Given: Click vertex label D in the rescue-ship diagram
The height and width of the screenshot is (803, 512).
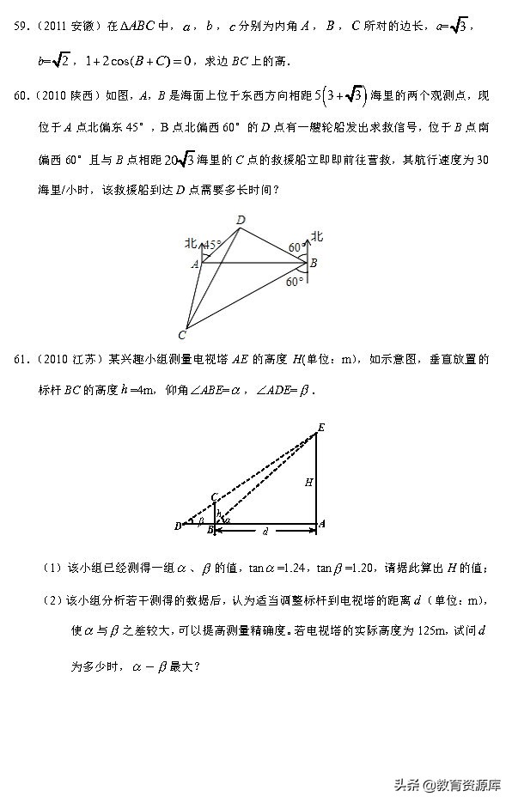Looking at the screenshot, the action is click(241, 221).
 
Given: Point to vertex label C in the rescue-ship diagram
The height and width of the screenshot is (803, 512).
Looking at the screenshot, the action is click(182, 334).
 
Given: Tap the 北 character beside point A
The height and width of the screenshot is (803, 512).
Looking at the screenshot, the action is click(191, 244).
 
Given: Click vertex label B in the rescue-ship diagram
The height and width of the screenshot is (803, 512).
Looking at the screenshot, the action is click(314, 263).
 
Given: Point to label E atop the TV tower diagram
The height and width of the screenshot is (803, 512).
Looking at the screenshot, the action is click(321, 427).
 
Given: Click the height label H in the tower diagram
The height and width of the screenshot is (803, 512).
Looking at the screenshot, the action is click(308, 483).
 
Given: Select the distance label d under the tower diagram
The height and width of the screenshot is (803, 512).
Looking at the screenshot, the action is click(266, 532).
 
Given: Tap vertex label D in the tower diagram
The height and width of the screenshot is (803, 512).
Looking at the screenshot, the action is click(177, 526).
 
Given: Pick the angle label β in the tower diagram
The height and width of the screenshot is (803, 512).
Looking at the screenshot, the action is click(200, 520).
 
